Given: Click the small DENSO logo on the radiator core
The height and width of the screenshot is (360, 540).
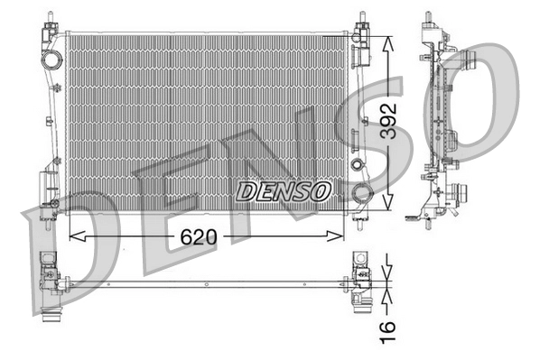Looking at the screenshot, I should pos(284,191).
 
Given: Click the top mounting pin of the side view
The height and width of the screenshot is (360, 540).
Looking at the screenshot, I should pos(425,20).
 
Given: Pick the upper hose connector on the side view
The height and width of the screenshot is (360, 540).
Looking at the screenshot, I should pos(469,62).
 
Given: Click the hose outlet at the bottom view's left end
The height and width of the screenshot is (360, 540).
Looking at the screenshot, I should pos(51,320).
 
